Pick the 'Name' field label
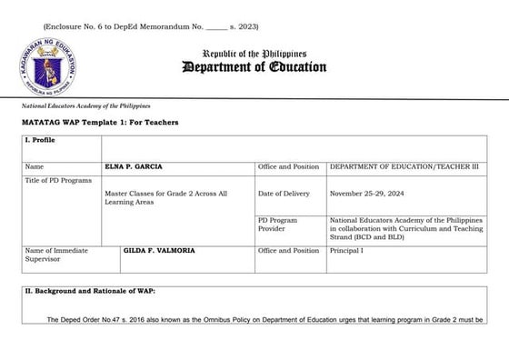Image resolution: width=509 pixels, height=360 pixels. click(x=35, y=166)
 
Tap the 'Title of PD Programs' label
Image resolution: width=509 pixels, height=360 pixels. click(x=59, y=181)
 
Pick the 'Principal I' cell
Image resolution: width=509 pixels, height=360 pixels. click(x=346, y=249)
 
